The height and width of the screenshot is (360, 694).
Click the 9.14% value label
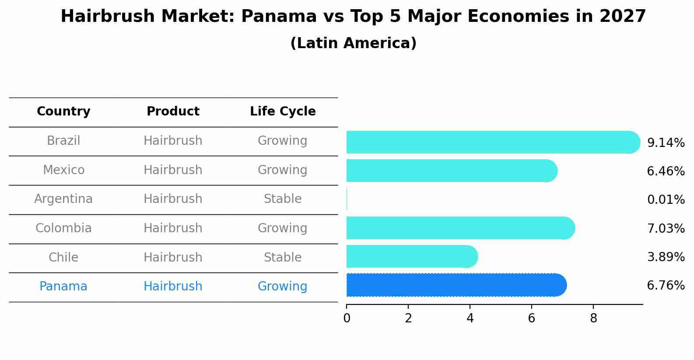[x=666, y=143]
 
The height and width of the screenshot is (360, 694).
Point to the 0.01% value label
[x=666, y=200]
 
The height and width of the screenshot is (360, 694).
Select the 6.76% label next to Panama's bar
[x=666, y=286]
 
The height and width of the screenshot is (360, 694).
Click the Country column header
[x=63, y=112]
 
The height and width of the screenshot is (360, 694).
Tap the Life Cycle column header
[x=283, y=112]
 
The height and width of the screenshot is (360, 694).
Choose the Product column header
[x=173, y=112]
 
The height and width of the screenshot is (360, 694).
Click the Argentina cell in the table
[x=63, y=199]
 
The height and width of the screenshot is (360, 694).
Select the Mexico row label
[x=63, y=170]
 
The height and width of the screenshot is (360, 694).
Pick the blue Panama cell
[x=63, y=287]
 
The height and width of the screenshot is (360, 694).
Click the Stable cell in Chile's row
[x=283, y=257]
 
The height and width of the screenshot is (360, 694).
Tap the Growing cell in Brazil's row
[x=283, y=141]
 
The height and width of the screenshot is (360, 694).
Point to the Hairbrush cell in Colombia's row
[x=173, y=228]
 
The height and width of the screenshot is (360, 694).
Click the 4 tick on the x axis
[x=470, y=318]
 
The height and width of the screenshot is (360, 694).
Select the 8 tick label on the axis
[x=593, y=318]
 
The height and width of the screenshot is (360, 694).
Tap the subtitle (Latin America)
[x=353, y=43]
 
